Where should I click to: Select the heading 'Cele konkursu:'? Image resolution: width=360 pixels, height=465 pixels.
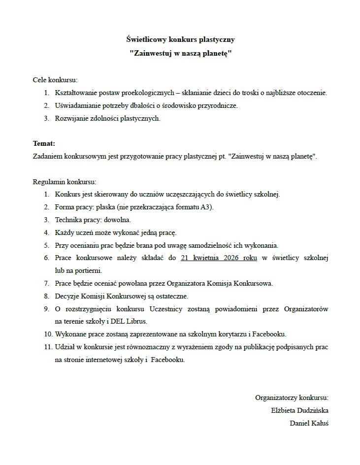coord(55,80)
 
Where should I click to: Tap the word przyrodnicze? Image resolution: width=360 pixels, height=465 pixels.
coord(218,105)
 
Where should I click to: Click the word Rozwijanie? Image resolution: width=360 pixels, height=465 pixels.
coord(71,118)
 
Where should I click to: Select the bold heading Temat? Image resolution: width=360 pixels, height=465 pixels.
coord(44,144)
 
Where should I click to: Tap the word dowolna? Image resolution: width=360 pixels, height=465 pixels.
coord(117,220)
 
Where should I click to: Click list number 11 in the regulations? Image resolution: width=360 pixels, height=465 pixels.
coord(48,347)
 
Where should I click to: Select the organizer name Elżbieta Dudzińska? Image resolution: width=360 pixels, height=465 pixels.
coord(299,410)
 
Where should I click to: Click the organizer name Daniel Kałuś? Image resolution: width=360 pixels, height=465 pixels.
coord(309,423)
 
